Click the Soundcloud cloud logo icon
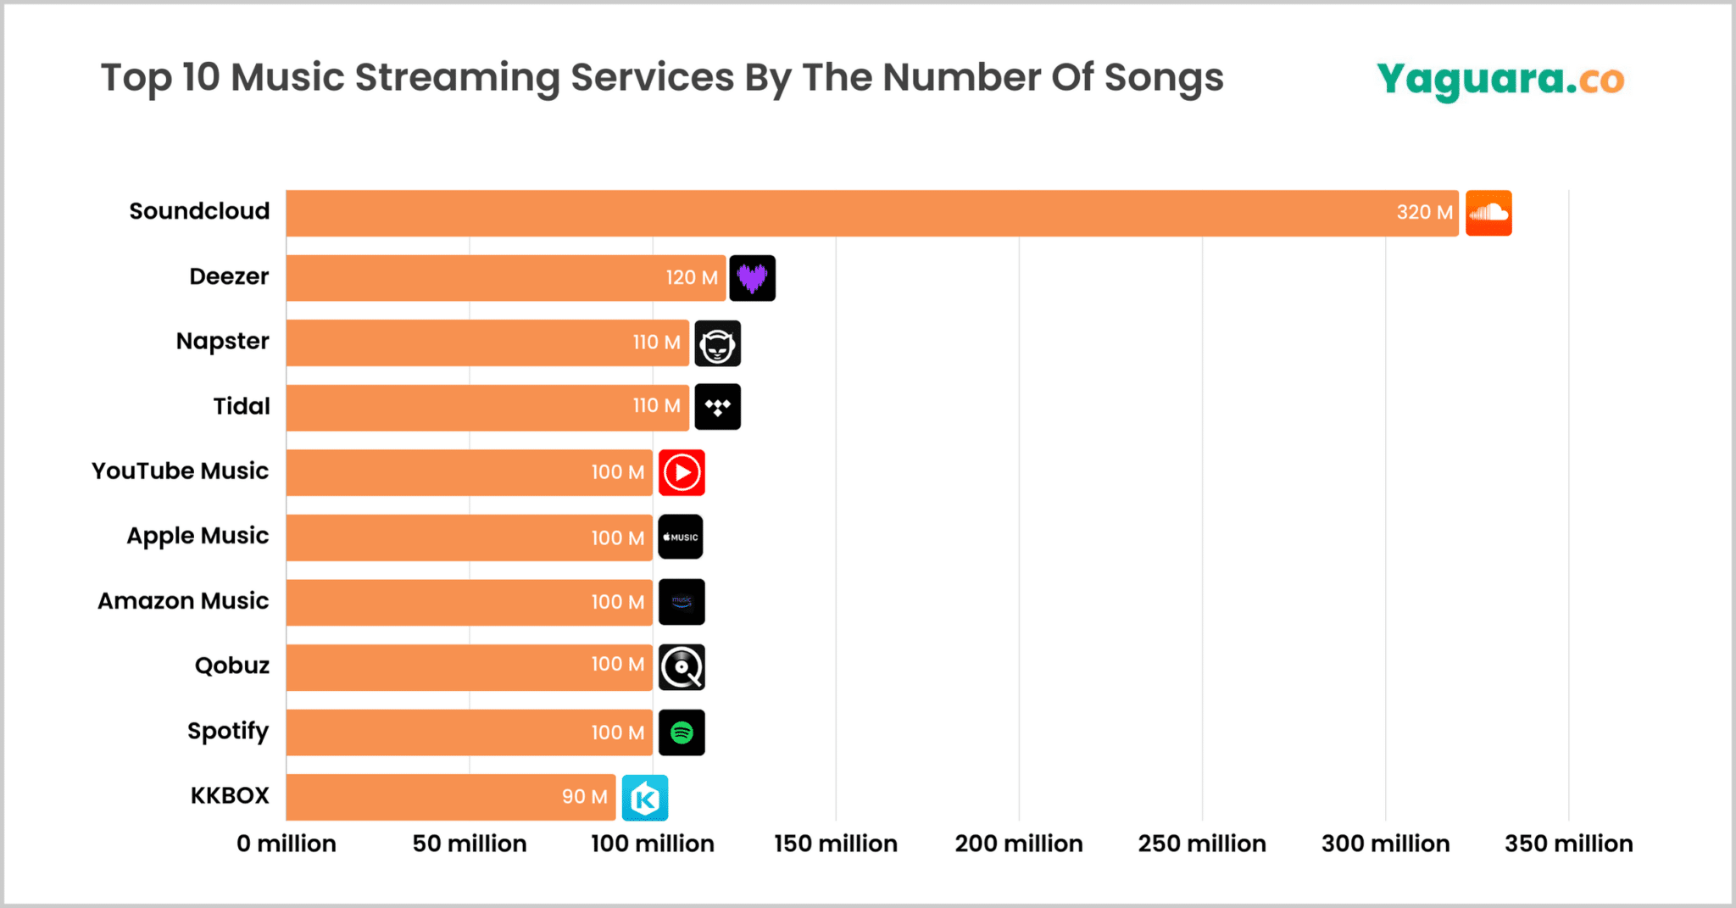coord(1488,213)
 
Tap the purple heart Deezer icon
coord(752,278)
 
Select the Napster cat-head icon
coord(717,343)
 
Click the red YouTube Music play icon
coord(682,473)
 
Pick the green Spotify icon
coord(682,733)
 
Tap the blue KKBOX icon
coord(645,798)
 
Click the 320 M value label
coord(1424,213)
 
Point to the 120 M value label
coord(692,278)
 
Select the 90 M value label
coord(585,797)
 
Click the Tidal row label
coord(242,406)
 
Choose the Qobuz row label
coord(232,666)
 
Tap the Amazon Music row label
coord(183,601)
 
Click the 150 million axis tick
coord(836,844)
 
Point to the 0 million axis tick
coord(287,844)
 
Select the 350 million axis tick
coord(1568,844)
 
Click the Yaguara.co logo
coord(1500,80)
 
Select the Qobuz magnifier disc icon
coord(682,667)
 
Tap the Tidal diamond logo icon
coord(717,407)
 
